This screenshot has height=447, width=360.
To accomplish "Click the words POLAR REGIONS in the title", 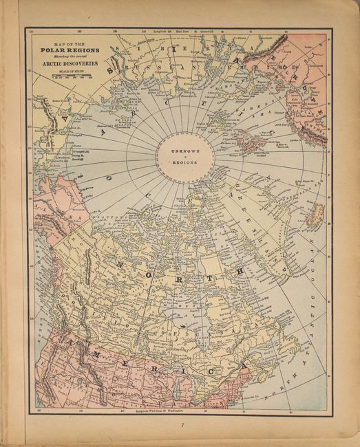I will tap(69, 50).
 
